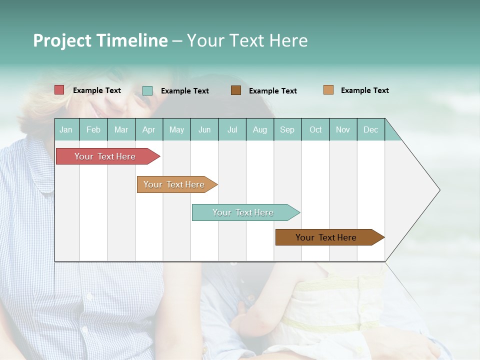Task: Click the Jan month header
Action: click(x=66, y=129)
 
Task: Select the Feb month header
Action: click(x=93, y=129)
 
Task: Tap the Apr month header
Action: click(x=148, y=129)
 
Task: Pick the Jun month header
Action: click(x=204, y=129)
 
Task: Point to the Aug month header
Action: click(x=259, y=129)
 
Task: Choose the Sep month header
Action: click(x=287, y=129)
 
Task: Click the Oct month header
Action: click(x=315, y=129)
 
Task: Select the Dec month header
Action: click(x=370, y=129)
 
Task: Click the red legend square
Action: click(x=59, y=90)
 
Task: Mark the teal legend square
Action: click(x=147, y=90)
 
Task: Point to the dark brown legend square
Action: click(x=236, y=90)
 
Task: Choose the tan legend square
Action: click(x=328, y=90)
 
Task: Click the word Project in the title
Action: click(x=62, y=40)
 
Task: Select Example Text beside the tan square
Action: click(x=364, y=90)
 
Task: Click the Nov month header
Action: click(x=343, y=129)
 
